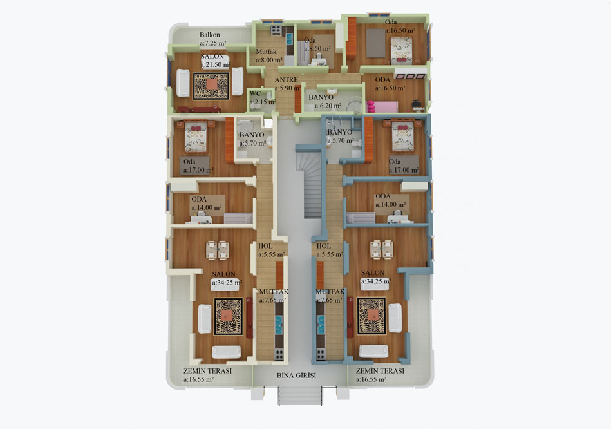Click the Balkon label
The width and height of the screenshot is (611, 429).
(x=210, y=35)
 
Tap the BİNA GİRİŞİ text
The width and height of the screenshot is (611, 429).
(x=297, y=376)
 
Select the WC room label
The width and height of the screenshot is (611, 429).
(x=255, y=93)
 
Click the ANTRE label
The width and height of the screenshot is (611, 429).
(x=287, y=80)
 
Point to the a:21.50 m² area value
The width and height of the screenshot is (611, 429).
(x=216, y=65)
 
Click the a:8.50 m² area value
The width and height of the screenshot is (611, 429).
(x=317, y=49)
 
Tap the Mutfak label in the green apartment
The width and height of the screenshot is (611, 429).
(x=266, y=52)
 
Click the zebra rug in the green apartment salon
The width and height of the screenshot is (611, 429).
(x=211, y=86)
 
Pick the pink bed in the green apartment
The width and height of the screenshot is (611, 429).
(x=382, y=106)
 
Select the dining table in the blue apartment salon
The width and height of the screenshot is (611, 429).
(x=382, y=249)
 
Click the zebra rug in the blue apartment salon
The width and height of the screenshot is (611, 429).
(x=371, y=316)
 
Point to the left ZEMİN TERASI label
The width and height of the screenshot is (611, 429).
(x=208, y=371)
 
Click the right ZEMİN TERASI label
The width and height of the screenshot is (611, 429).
(x=380, y=371)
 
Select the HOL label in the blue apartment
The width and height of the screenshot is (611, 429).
(x=324, y=246)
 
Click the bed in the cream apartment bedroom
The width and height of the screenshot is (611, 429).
(x=195, y=137)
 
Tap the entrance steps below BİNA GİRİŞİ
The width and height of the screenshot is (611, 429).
(x=300, y=396)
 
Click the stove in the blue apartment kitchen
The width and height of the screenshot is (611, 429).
(x=320, y=354)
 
